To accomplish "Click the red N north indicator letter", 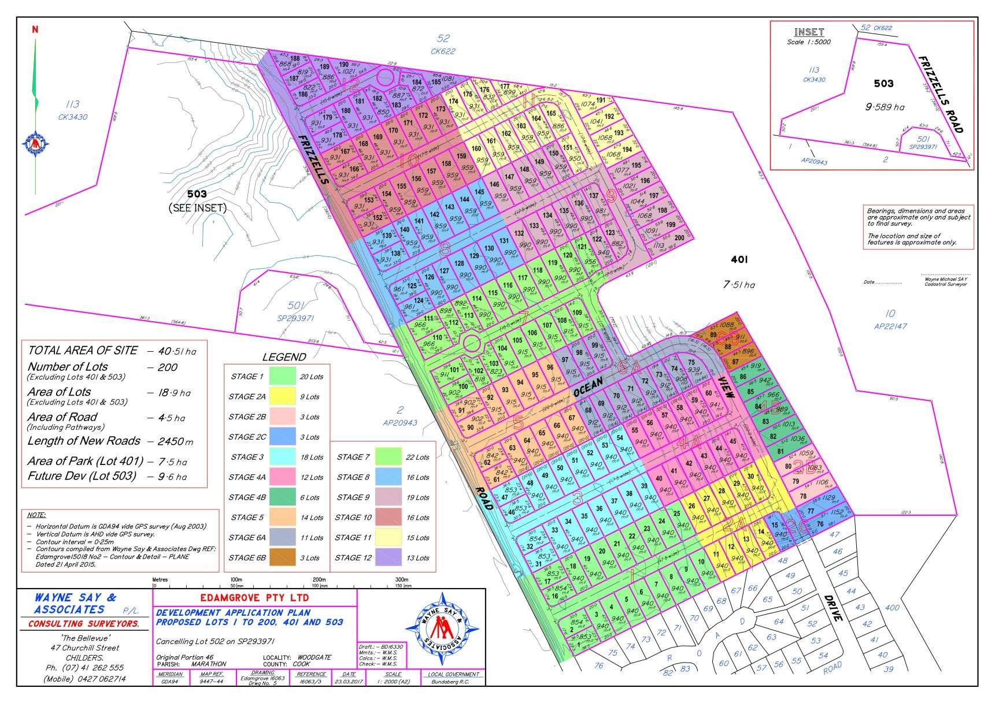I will tap(35, 29).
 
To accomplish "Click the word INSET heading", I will tap(809, 32).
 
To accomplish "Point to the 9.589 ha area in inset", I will tap(885, 107).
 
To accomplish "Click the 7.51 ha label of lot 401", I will tap(738, 284).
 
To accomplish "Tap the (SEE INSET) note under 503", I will tap(197, 208).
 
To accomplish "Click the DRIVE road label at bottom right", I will tap(833, 608).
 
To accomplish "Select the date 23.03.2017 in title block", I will tap(349, 682).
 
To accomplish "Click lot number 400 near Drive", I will tap(892, 607).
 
